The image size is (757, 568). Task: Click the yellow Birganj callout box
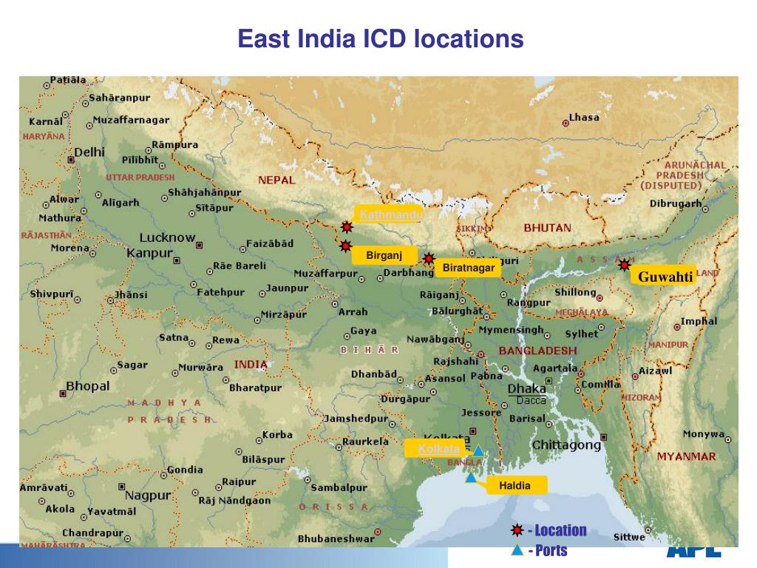click(384, 256)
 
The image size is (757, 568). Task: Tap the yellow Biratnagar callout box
click(468, 268)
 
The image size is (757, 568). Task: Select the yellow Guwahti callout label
click(665, 277)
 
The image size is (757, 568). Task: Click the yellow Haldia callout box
click(515, 485)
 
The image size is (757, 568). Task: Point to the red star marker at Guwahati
click(625, 265)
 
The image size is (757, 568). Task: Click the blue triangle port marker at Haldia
click(470, 478)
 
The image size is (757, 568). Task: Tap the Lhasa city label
click(584, 117)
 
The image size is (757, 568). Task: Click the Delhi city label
click(89, 152)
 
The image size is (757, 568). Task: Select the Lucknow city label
click(167, 238)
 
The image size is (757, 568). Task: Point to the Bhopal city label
click(87, 386)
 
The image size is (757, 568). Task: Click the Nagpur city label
click(148, 495)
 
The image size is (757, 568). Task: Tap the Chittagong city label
click(566, 445)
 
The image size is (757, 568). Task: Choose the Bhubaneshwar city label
click(336, 539)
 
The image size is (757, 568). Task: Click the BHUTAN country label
click(547, 228)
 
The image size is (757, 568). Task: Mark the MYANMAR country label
click(686, 456)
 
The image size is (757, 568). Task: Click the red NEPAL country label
click(276, 180)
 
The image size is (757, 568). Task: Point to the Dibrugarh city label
click(675, 203)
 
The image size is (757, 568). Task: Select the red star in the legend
click(517, 530)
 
